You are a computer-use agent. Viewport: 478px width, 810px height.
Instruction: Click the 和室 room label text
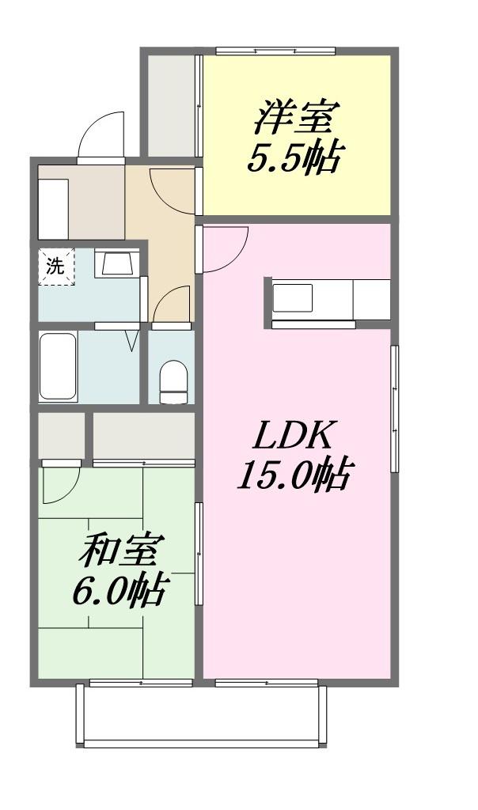tap(121, 550)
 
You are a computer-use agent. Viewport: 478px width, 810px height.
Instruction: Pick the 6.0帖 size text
tap(119, 589)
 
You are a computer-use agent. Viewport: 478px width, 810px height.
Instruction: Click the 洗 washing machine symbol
tap(56, 267)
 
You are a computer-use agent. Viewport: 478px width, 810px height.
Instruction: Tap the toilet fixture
tap(173, 382)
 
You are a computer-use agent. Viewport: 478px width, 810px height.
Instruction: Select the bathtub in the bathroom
tap(59, 366)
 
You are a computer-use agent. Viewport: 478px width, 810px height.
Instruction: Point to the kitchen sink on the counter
tap(292, 297)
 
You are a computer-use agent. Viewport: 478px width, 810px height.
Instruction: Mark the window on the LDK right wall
tap(394, 409)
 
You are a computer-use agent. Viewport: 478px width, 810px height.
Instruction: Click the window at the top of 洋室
tap(276, 51)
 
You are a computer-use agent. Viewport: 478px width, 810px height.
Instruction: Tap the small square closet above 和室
tap(62, 436)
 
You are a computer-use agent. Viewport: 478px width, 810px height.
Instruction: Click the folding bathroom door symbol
tap(132, 340)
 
